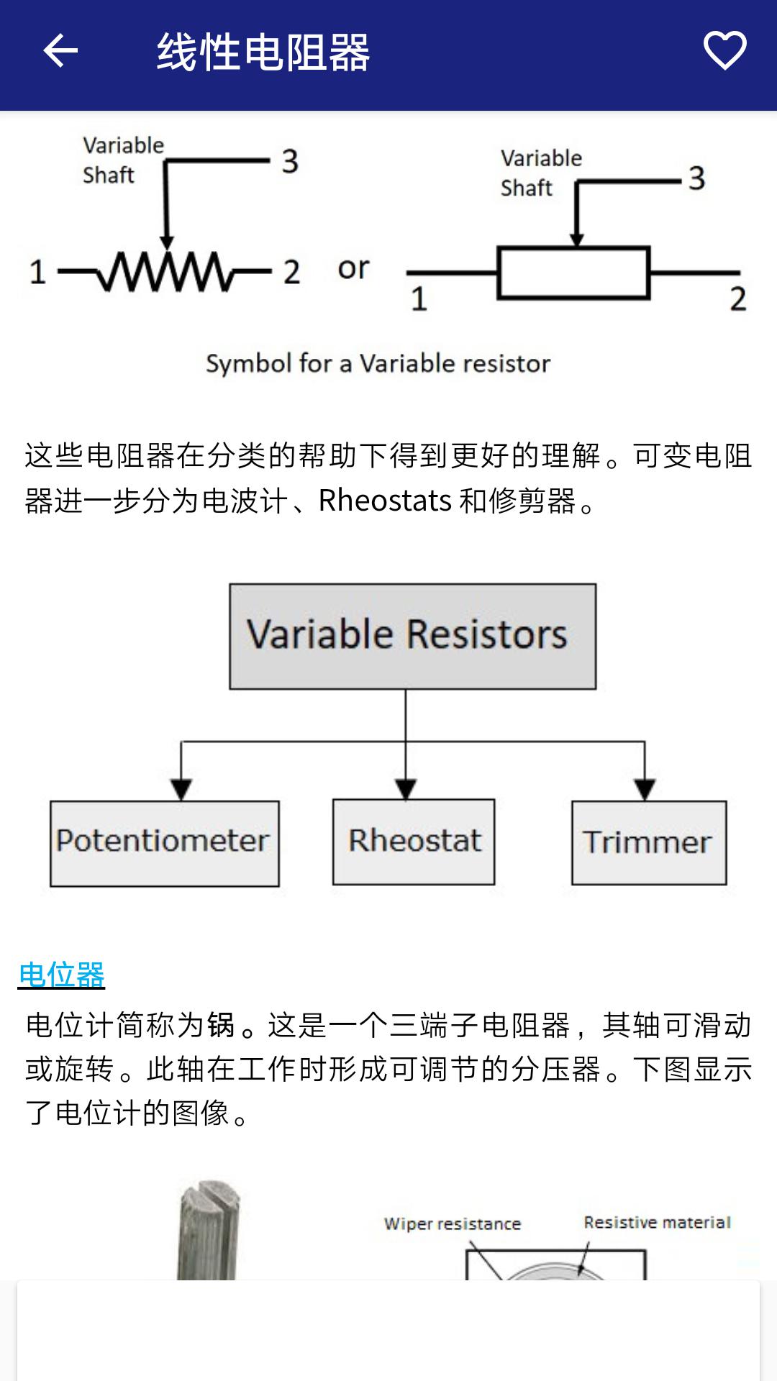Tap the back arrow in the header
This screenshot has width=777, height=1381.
(60, 51)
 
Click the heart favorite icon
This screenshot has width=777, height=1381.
(724, 50)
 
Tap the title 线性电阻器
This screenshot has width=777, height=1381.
(263, 52)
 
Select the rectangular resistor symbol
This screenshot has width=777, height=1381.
(573, 273)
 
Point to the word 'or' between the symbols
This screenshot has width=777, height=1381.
(353, 268)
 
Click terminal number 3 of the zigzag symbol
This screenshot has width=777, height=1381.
(290, 161)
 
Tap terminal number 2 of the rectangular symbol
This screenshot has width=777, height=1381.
(738, 298)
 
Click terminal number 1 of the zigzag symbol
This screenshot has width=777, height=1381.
(37, 272)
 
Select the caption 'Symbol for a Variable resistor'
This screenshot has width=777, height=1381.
(378, 363)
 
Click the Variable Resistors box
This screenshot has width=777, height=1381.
(413, 637)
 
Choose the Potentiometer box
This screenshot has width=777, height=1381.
(165, 843)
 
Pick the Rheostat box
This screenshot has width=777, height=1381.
(414, 842)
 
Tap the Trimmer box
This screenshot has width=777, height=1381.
(649, 842)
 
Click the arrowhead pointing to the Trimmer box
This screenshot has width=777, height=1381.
(645, 790)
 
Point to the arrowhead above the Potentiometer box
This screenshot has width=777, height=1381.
(181, 790)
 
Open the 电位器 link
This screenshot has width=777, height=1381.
(62, 975)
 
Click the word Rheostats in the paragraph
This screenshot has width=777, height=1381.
(385, 501)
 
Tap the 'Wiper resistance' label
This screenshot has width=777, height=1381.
(453, 1223)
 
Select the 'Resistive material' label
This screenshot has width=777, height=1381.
(657, 1222)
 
